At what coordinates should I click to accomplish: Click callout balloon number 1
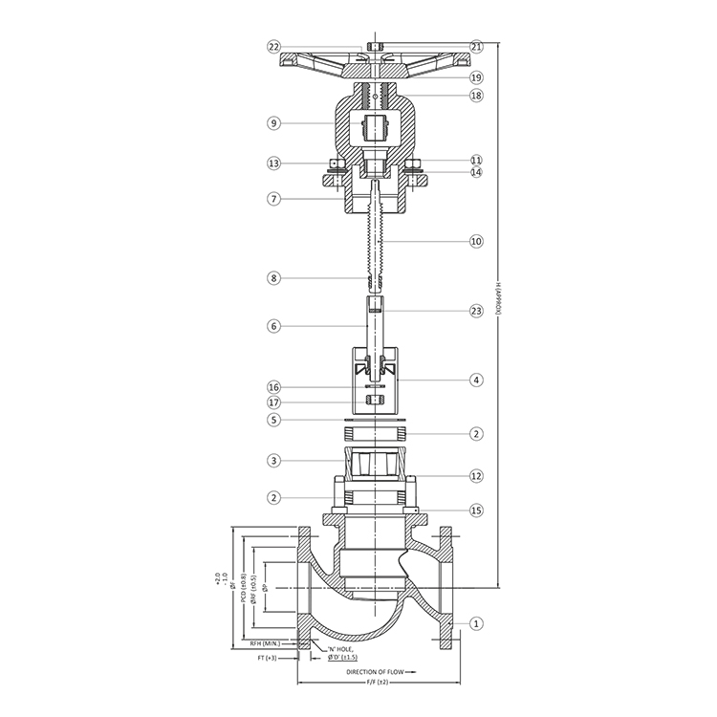[x=476, y=624]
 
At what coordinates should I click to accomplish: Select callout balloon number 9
[x=273, y=123]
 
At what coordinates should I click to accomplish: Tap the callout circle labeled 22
[x=273, y=46]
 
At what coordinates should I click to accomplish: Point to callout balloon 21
[x=476, y=46]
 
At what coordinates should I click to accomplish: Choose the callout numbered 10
[x=476, y=242]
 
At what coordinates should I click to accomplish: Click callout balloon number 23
[x=476, y=310]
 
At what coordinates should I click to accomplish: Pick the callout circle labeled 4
[x=476, y=380]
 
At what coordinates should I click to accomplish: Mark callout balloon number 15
[x=476, y=511]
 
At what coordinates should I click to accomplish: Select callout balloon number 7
[x=273, y=199]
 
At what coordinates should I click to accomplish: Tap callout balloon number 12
[x=476, y=475]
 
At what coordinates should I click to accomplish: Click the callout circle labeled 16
[x=273, y=387]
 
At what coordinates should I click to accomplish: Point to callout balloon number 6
[x=273, y=326]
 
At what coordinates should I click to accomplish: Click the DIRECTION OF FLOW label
[x=374, y=673]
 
